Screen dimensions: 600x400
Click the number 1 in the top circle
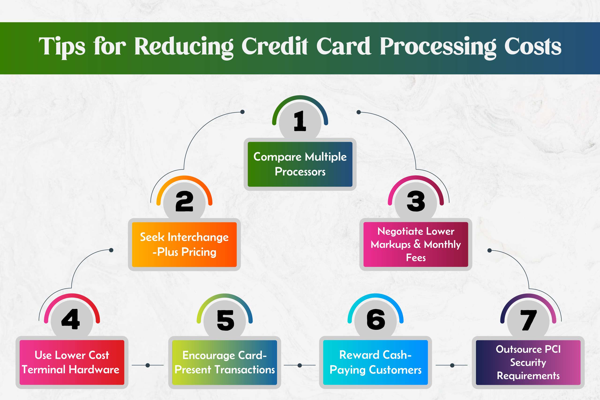[300, 121]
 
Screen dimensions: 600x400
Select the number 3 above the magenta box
[416, 201]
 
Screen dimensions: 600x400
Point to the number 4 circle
[72, 320]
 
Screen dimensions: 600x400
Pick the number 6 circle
[375, 320]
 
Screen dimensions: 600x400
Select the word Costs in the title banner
[532, 46]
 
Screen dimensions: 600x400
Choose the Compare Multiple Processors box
[300, 164]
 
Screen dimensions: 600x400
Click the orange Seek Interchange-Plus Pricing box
[184, 244]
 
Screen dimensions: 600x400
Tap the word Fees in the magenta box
[416, 258]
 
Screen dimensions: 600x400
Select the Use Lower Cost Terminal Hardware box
[72, 363]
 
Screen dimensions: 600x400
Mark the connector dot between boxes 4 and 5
[148, 365]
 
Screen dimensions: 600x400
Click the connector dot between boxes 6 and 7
[452, 365]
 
